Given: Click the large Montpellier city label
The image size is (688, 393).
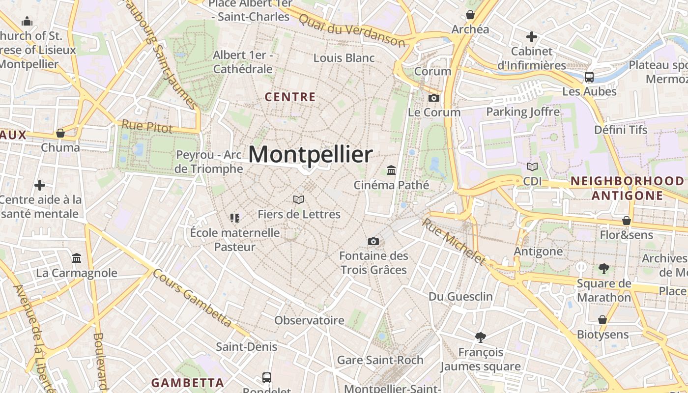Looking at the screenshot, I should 310,155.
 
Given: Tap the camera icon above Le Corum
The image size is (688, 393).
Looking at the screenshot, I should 433,98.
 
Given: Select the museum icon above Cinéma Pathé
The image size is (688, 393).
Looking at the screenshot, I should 391,170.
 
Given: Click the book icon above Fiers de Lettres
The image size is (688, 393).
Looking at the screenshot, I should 299,199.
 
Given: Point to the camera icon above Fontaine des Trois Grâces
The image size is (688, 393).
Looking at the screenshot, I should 373,241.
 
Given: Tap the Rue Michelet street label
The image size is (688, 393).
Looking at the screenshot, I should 453,241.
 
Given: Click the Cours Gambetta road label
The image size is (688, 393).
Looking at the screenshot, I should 192,298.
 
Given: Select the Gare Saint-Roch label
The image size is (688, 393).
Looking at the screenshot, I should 380,360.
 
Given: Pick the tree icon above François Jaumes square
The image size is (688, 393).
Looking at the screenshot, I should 480,337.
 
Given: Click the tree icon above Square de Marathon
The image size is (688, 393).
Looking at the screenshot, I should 603,268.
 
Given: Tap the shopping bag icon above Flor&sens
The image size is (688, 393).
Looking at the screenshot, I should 626,221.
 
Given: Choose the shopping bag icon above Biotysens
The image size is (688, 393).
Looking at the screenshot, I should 602,320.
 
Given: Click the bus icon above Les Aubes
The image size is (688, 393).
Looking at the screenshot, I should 589,77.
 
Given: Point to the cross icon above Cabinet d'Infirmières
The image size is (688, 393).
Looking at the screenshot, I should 531,36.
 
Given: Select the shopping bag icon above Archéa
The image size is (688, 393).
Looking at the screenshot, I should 470,15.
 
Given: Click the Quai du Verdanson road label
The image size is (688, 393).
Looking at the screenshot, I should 352,30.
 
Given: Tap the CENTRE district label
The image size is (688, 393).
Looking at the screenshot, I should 290,97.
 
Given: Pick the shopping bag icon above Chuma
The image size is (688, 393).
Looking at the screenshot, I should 60,133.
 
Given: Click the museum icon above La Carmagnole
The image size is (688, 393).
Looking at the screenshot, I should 77,258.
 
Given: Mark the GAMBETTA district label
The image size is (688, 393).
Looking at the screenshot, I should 187,383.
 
